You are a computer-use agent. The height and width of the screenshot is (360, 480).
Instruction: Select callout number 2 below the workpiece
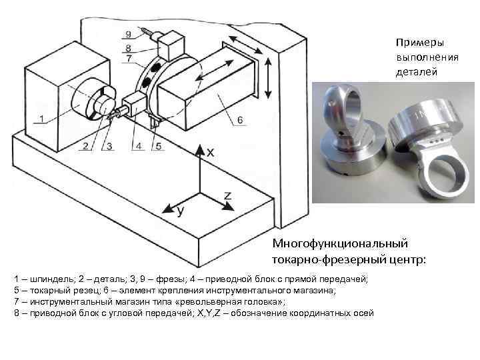pos(85,145)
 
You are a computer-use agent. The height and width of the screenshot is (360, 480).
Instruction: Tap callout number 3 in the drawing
pos(109,145)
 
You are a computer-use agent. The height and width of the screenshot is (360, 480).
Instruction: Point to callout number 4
pos(138,145)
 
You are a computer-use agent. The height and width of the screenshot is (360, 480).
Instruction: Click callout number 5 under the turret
pos(157,145)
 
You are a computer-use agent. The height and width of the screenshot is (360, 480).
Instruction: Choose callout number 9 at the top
pos(127,34)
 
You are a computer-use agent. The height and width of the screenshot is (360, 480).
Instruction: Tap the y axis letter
pos(180,211)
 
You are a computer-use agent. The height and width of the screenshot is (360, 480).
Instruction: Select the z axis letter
pos(227,194)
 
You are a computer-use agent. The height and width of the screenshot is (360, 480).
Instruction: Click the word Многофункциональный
pos(340,244)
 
